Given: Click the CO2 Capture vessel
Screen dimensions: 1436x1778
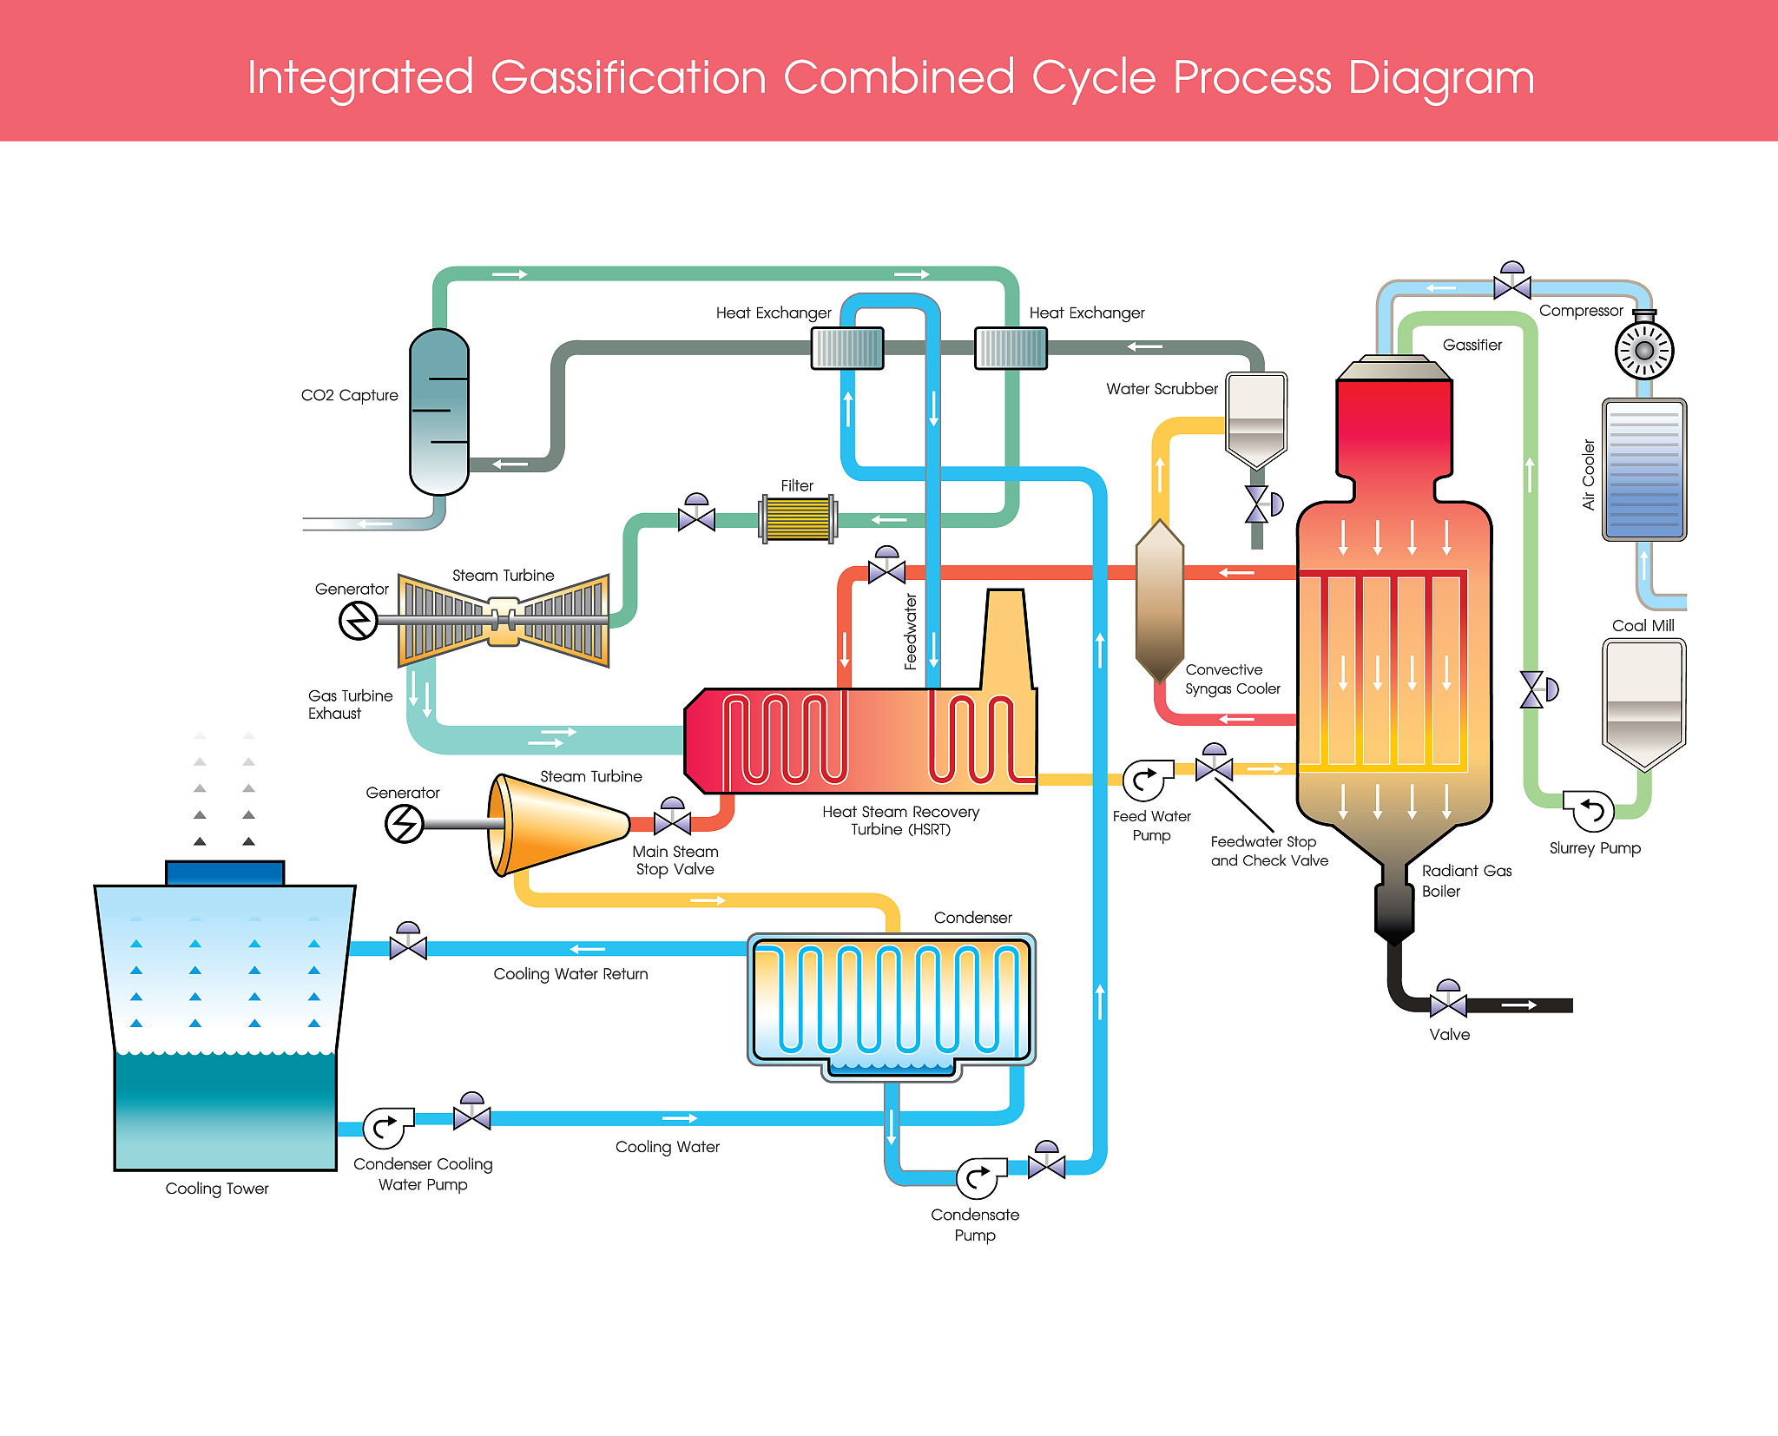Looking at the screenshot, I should tap(439, 412).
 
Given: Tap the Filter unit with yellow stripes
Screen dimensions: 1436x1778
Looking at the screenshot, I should tap(798, 519).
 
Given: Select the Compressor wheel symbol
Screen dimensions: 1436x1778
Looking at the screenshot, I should tap(1643, 351).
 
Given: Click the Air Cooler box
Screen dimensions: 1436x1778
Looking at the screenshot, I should tap(1643, 470).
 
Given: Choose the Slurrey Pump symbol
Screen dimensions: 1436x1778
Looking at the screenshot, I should tap(1591, 811).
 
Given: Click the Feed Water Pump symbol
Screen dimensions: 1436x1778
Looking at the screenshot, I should tap(1145, 780).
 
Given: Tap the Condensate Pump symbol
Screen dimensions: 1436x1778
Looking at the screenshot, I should tap(978, 1177).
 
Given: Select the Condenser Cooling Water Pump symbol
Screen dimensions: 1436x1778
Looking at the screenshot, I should tap(385, 1128).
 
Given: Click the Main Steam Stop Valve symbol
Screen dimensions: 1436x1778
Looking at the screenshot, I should tap(672, 820).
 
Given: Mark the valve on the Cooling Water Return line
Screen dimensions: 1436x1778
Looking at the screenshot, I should tap(408, 945).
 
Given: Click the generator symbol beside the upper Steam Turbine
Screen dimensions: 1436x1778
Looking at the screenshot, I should tap(358, 621).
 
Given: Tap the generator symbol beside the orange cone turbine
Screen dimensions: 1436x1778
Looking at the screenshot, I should tap(405, 823).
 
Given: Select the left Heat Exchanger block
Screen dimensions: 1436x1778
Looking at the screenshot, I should tap(847, 348).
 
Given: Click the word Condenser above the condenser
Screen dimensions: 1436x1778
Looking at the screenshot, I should tap(972, 918).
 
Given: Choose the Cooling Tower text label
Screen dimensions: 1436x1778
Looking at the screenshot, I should tap(217, 1189).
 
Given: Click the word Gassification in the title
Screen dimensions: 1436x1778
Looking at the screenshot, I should tap(629, 78).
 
